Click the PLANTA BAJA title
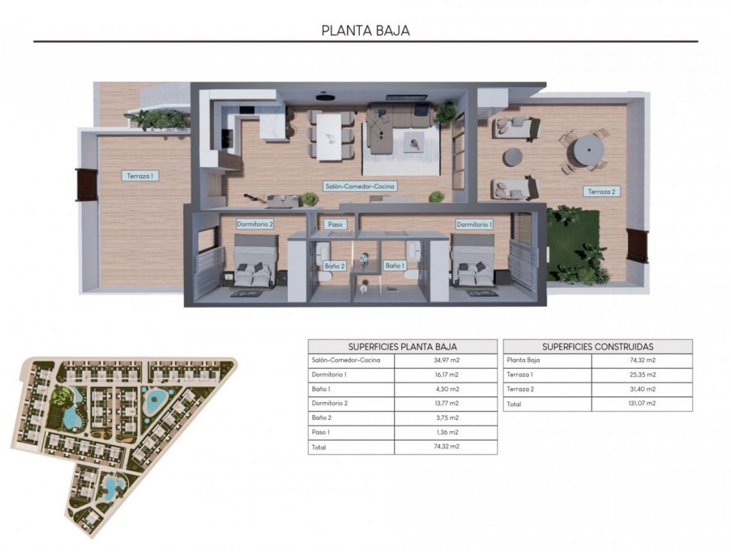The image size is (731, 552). tap(365, 30)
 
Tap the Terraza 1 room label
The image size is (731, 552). tap(139, 175)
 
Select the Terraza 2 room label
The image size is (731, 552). tap(602, 191)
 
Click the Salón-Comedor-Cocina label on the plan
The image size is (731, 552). tap(359, 186)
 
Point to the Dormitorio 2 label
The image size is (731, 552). tap(255, 224)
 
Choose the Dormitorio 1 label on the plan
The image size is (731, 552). tap(475, 224)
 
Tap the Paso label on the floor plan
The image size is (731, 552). tap(335, 225)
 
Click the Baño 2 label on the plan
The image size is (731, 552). tap(335, 265)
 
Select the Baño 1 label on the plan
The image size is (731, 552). tap(394, 265)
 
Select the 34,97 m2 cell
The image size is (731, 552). tap(446, 360)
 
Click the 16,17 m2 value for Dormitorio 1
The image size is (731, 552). tap(446, 374)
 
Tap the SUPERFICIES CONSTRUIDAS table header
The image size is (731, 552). tap(598, 346)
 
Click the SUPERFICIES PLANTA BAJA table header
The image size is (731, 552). tap(403, 346)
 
